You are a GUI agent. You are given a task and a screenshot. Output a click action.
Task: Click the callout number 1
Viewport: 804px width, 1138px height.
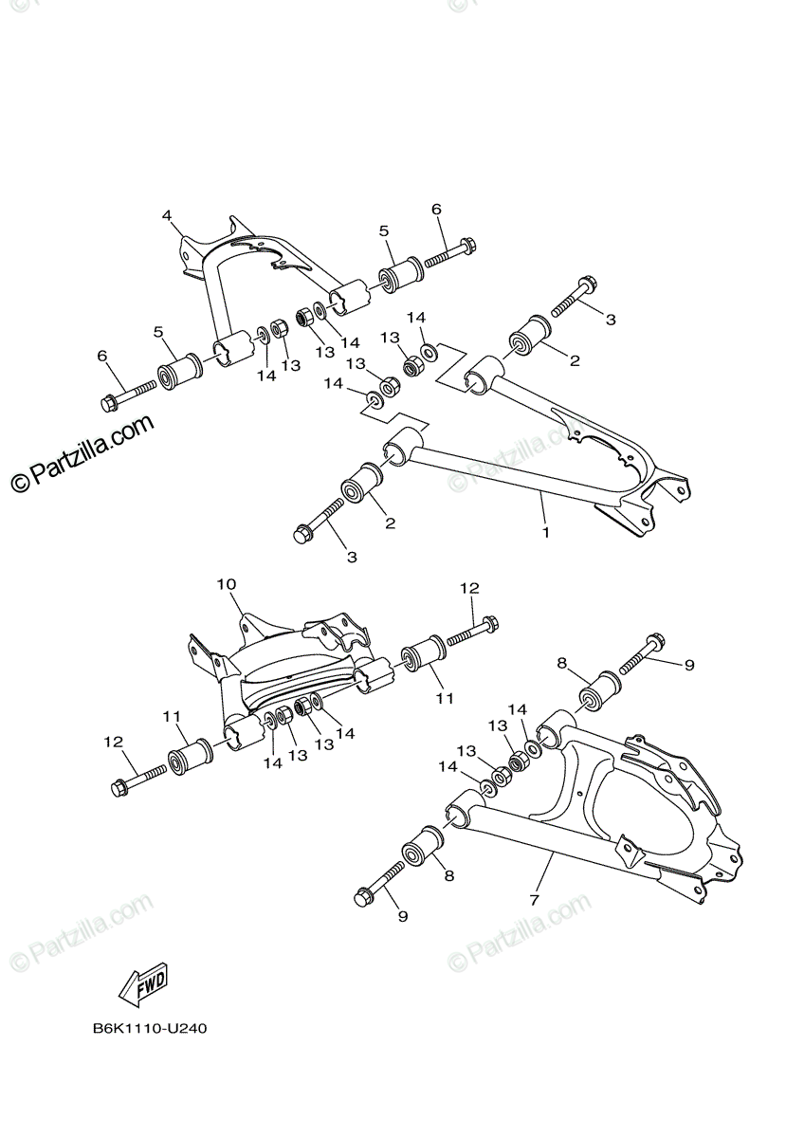[546, 533]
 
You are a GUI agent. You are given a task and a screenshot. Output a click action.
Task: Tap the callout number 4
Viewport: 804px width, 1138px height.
[167, 215]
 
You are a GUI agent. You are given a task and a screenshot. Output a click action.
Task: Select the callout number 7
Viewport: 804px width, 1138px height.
[535, 898]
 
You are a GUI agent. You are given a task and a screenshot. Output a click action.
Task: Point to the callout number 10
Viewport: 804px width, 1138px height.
[227, 584]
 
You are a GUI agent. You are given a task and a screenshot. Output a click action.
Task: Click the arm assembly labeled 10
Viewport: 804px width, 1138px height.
[284, 673]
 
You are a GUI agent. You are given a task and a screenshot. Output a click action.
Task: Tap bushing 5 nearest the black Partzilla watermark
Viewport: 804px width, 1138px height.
[177, 371]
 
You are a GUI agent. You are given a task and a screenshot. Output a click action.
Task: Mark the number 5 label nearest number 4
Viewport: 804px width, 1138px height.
[384, 230]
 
